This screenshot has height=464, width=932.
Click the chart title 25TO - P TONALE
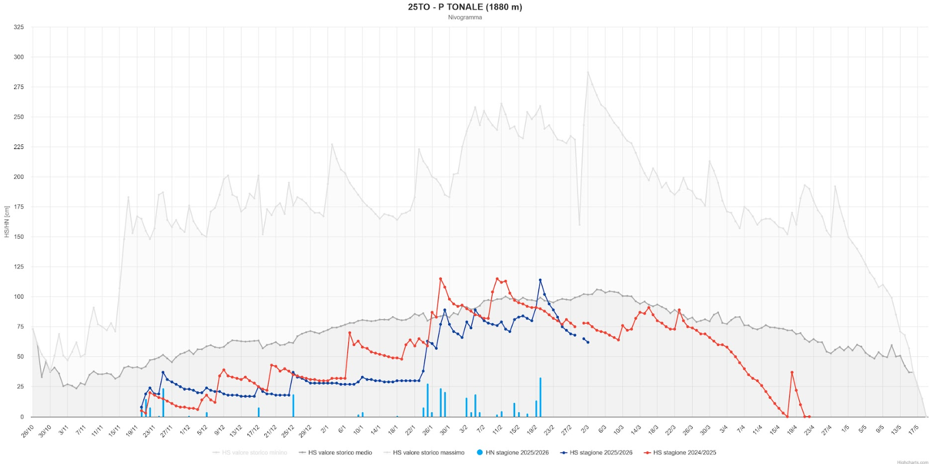[x=465, y=7]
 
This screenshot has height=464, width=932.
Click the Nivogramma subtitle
[x=465, y=17]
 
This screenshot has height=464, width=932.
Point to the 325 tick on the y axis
[x=19, y=27]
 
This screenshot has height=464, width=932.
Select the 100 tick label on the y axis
[x=19, y=297]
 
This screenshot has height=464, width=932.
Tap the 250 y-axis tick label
[x=19, y=117]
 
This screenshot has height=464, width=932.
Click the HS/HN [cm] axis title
[x=7, y=221]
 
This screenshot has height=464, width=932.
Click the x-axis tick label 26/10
[x=28, y=431]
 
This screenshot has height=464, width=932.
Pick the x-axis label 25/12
[x=288, y=431]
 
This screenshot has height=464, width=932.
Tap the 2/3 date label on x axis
[x=585, y=430]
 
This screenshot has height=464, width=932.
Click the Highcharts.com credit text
[x=912, y=462]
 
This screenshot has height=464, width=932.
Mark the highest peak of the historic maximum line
[x=588, y=72]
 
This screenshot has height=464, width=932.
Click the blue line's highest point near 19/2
[x=540, y=280]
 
